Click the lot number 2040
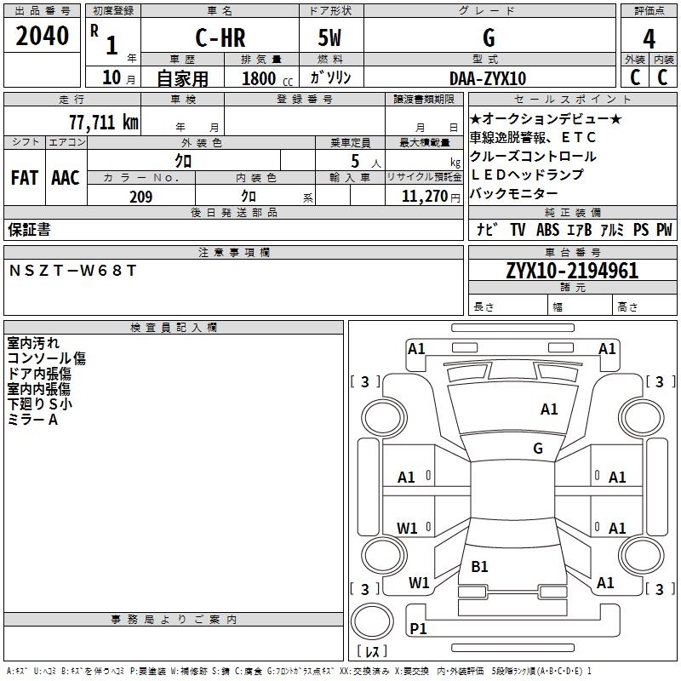click(42, 36)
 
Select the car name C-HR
click(219, 37)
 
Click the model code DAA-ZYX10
click(488, 77)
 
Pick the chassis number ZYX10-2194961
click(572, 271)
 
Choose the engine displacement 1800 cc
click(264, 78)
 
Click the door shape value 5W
click(331, 37)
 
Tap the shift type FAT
click(25, 178)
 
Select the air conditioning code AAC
click(66, 178)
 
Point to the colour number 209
click(140, 197)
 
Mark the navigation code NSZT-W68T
click(72, 271)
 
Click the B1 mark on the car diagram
click(479, 566)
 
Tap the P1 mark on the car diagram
click(418, 628)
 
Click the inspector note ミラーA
click(32, 420)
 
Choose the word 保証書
click(29, 229)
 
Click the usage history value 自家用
click(182, 78)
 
